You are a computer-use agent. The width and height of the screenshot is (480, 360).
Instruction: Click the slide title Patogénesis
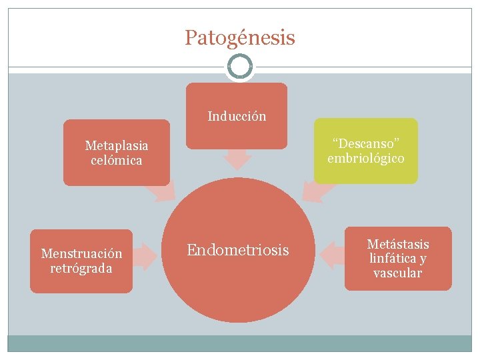[x=239, y=38]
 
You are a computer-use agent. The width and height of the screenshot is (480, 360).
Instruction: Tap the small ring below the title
[x=239, y=67]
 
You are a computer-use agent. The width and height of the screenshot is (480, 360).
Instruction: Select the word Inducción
[x=237, y=116]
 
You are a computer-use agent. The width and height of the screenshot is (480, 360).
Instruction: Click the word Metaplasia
[x=117, y=145]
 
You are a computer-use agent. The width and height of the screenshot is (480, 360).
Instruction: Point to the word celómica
[x=117, y=160]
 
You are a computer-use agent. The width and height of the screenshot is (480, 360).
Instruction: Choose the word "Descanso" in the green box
[x=365, y=143]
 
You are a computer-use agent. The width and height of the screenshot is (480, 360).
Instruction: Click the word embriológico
[x=365, y=159]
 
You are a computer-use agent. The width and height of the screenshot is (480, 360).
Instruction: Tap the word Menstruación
[x=81, y=253]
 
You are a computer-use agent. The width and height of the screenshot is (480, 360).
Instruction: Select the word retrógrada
[x=81, y=268]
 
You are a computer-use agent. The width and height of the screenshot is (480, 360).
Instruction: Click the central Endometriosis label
[x=238, y=250]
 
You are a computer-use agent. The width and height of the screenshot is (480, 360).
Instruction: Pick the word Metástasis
[x=398, y=244]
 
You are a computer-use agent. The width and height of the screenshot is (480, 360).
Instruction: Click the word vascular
[x=398, y=273]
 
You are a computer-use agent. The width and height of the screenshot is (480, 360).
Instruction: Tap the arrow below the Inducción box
[x=237, y=159]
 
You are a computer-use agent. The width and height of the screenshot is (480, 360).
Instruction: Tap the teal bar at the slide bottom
[x=239, y=343]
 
